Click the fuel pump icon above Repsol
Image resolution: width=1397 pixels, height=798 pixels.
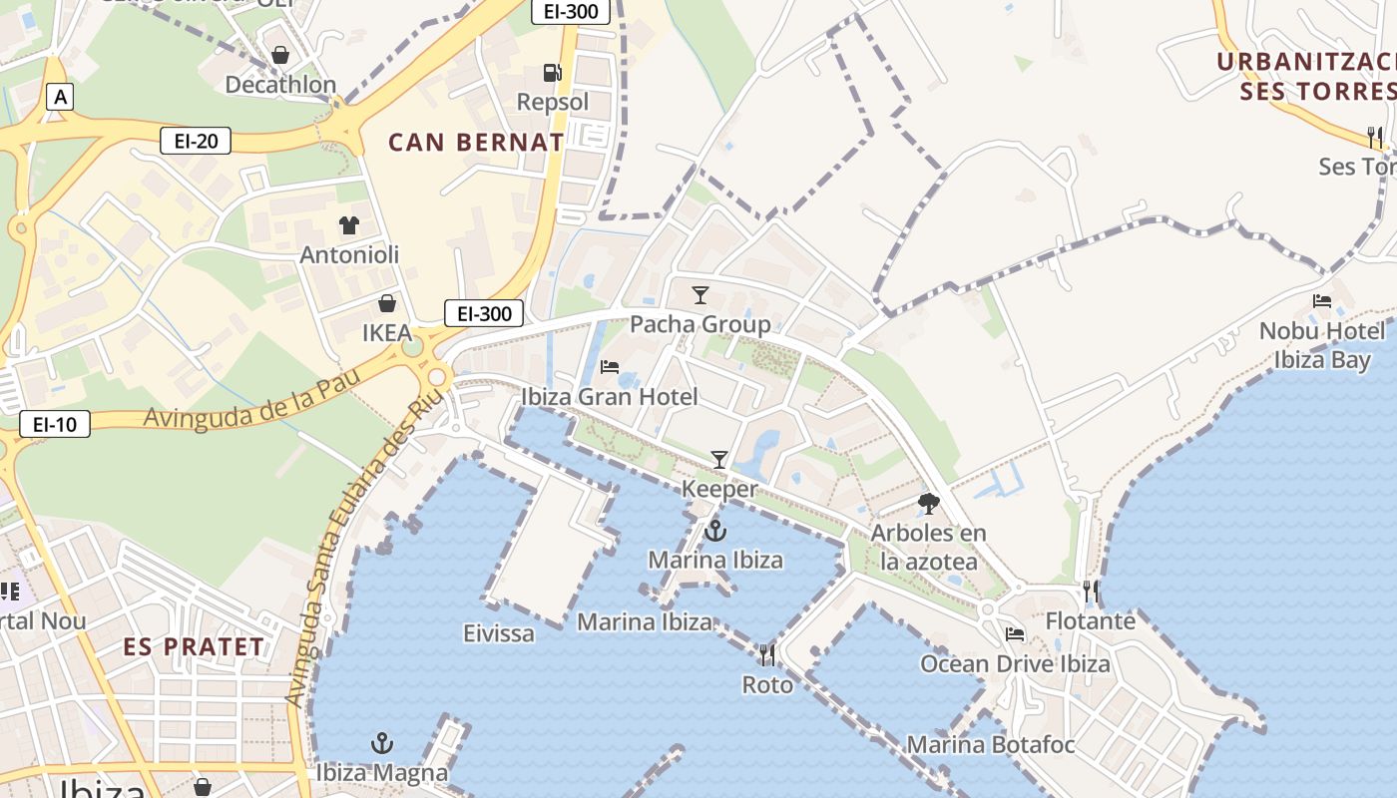[552, 73]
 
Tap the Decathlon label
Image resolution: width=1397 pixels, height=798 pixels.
[280, 85]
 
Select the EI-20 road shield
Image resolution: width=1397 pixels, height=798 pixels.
[196, 141]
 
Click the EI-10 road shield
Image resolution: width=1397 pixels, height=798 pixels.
[55, 424]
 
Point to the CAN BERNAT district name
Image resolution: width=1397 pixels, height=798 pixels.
[476, 142]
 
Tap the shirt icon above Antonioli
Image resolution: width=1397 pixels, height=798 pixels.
[348, 225]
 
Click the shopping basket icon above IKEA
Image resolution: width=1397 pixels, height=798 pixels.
[386, 303]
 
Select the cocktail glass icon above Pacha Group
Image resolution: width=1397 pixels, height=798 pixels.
[700, 295]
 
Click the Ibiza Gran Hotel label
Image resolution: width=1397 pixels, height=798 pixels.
[610, 396]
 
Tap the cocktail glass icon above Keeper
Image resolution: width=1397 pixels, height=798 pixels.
[718, 460]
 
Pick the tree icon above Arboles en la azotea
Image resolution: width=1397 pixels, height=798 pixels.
[928, 504]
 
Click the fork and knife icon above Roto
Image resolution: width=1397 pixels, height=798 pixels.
[767, 655]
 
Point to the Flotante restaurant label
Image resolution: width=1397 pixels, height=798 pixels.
[1091, 620]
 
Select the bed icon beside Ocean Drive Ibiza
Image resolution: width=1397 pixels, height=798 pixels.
[1015, 634]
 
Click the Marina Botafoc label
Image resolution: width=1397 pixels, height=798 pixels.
[990, 744]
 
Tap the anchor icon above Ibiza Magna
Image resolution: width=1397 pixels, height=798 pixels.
[381, 743]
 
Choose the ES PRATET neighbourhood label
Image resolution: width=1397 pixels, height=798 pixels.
[195, 646]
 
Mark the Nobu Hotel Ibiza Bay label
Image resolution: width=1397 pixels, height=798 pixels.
[1322, 345]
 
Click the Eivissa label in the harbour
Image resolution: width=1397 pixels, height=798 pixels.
[499, 633]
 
